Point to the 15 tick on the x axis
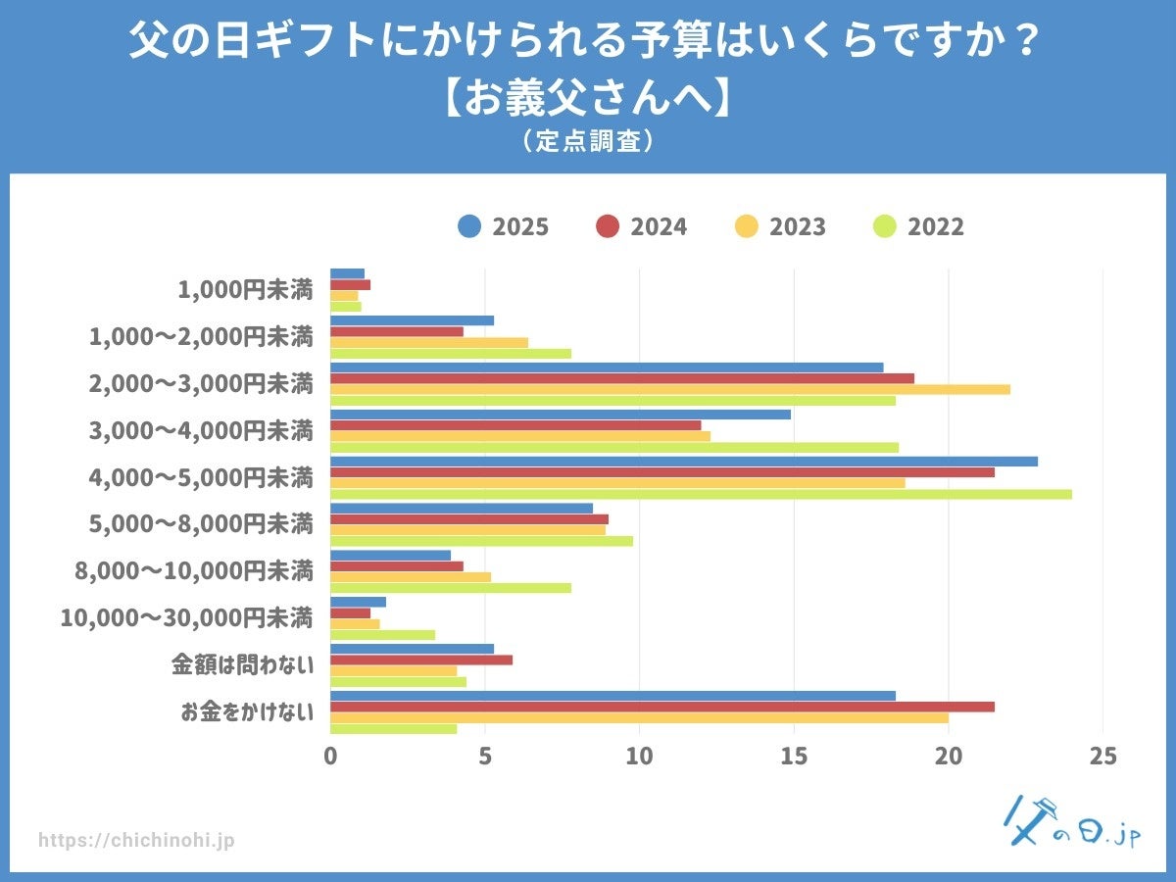click(x=794, y=757)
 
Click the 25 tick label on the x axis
click(x=1103, y=757)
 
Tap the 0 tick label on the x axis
click(x=330, y=757)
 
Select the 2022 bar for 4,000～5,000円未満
click(x=701, y=494)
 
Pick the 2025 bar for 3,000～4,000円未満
click(x=560, y=414)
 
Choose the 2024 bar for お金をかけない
click(x=661, y=707)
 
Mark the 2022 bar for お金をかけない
click(x=393, y=728)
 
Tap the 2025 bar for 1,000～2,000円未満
click(x=412, y=320)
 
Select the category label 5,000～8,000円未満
click(x=201, y=524)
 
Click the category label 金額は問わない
click(x=242, y=665)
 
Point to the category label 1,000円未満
click(x=245, y=290)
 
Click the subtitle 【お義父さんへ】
click(x=587, y=98)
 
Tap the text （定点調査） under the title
click(x=587, y=142)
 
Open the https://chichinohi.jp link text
click(x=136, y=841)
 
